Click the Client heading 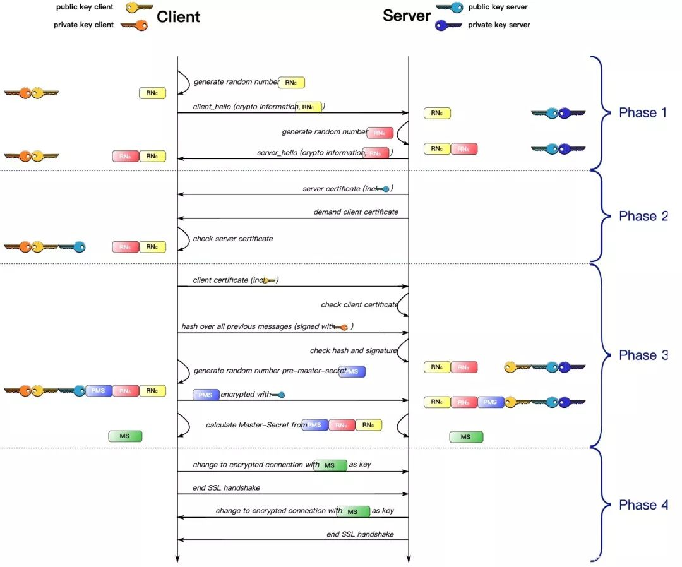(178, 16)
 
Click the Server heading (407, 16)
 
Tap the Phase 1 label (642, 113)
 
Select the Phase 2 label (643, 216)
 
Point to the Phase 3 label (643, 355)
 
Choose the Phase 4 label (643, 504)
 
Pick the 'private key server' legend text (499, 25)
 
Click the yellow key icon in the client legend (139, 8)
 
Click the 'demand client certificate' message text (356, 212)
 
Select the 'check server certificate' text (233, 239)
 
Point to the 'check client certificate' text (359, 304)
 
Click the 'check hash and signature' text (353, 350)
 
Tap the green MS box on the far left (126, 436)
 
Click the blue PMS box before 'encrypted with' (206, 395)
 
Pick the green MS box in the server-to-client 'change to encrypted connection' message (352, 511)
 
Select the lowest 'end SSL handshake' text (360, 534)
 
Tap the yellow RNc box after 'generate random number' (291, 82)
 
